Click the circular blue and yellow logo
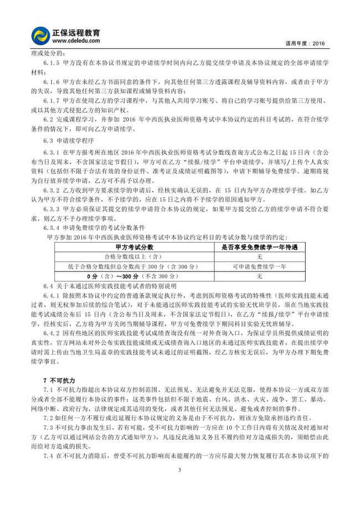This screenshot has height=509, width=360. (40, 35)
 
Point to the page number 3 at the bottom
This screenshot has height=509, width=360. (180, 486)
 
